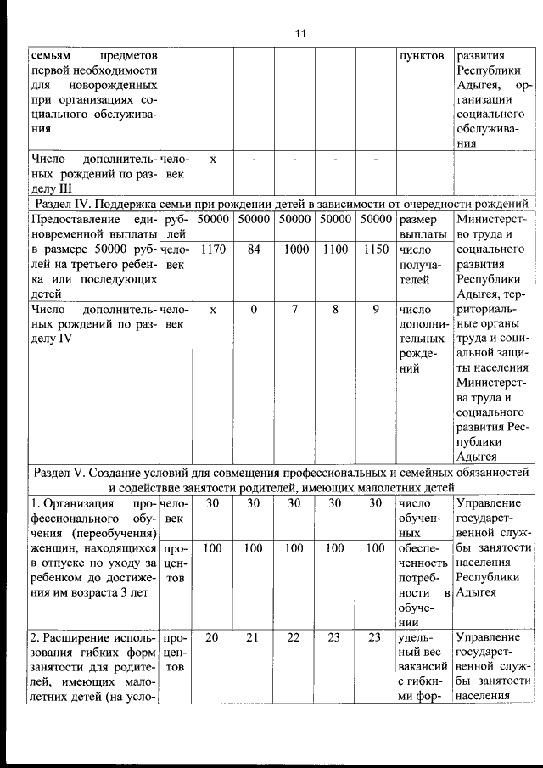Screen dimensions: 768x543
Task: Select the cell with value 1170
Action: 213,250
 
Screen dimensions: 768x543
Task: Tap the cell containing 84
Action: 253,250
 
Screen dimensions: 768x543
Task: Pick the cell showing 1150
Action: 375,250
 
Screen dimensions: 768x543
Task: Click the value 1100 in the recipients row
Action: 335,250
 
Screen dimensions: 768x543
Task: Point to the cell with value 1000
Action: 295,250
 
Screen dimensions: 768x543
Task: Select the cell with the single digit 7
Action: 295,311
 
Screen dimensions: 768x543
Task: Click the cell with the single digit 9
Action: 375,311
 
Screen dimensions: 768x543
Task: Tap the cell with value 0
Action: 253,311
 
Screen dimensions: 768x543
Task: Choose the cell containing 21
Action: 253,637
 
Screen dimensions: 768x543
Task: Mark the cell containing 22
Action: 295,637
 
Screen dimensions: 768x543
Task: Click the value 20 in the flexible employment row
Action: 213,637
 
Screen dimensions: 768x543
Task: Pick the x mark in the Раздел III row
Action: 213,159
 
